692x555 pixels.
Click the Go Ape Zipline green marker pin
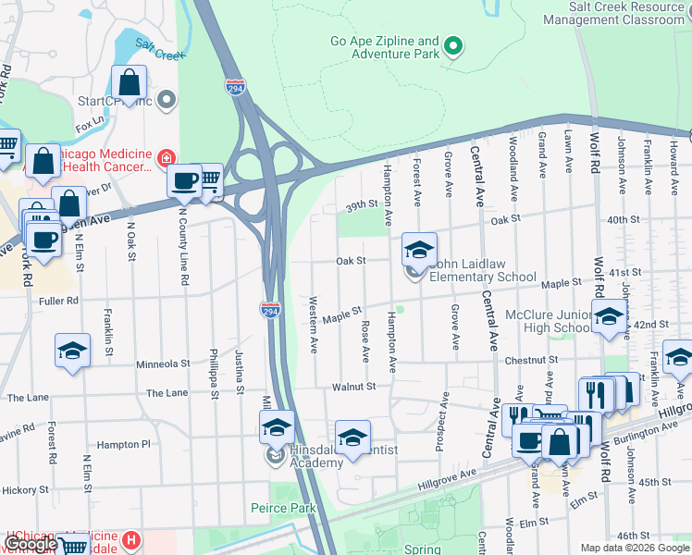pyautogui.click(x=453, y=45)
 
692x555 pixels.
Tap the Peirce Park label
pyautogui.click(x=283, y=508)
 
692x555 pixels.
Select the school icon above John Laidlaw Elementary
pyautogui.click(x=419, y=250)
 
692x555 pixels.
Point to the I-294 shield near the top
pyautogui.click(x=237, y=86)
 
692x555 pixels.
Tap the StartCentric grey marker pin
pyautogui.click(x=167, y=99)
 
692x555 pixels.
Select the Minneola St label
pyautogui.click(x=163, y=364)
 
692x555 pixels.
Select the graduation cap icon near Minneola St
pyautogui.click(x=72, y=351)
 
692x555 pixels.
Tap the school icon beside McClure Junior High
pyautogui.click(x=608, y=318)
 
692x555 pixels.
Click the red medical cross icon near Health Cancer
pyautogui.click(x=167, y=158)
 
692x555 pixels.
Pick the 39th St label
pyautogui.click(x=363, y=204)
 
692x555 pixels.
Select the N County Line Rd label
pyautogui.click(x=183, y=243)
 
